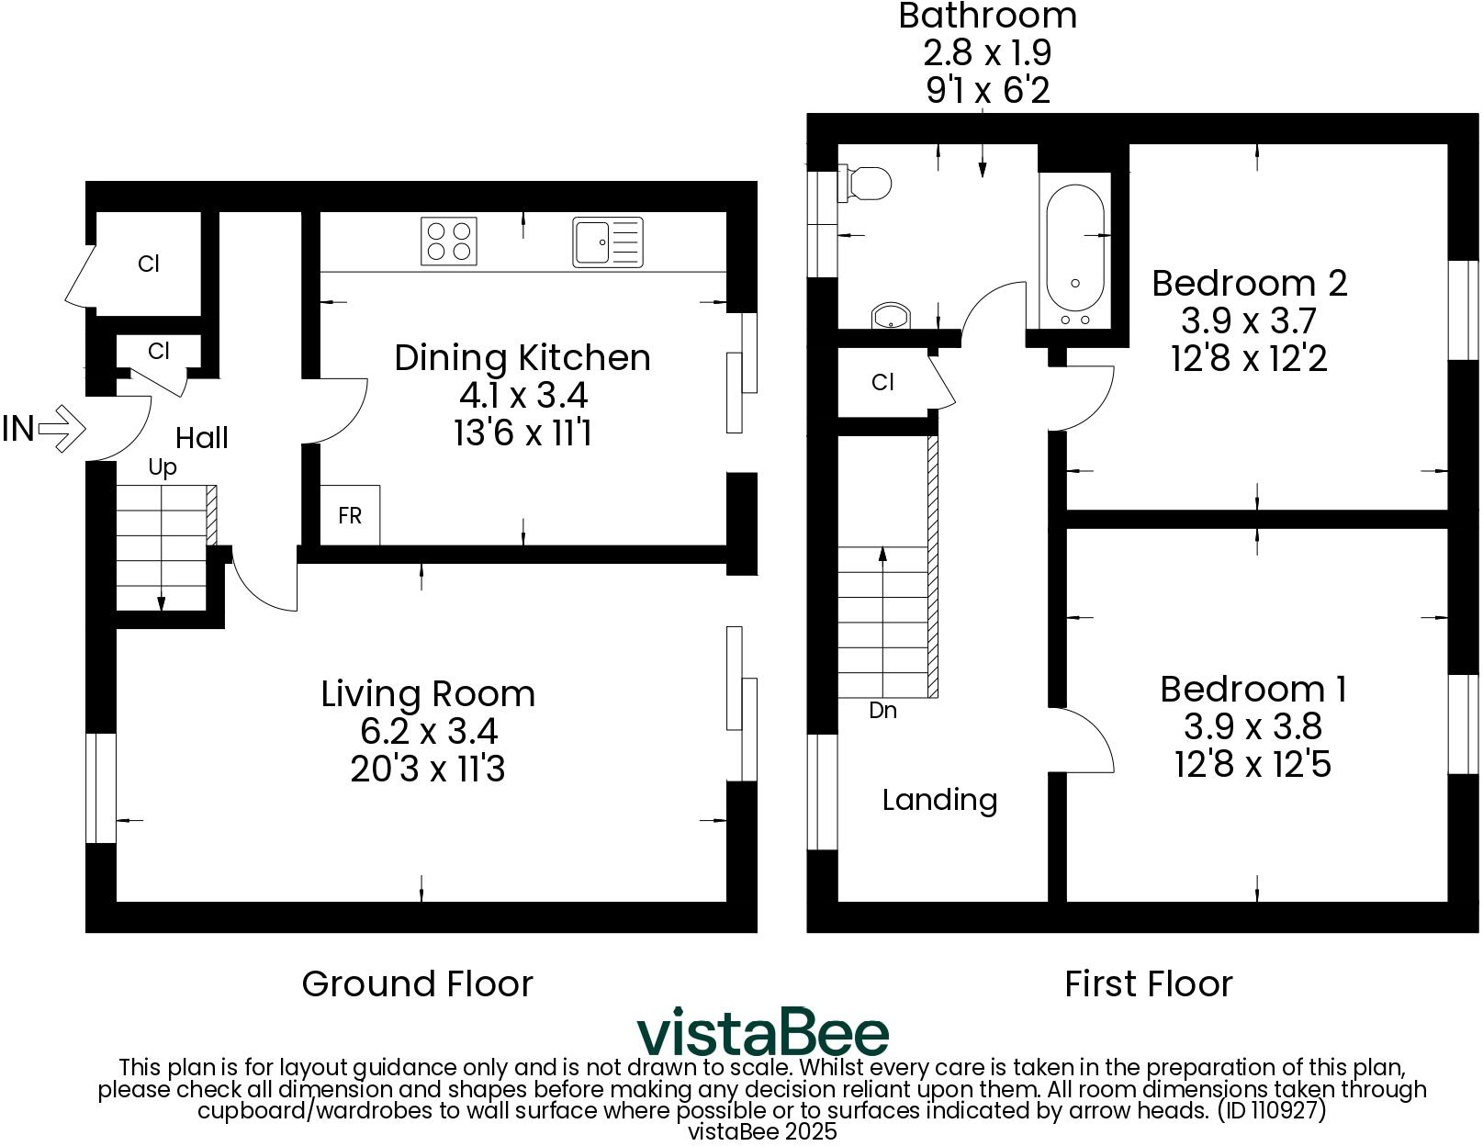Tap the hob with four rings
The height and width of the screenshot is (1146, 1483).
pyautogui.click(x=449, y=241)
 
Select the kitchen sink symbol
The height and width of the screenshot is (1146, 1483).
pyautogui.click(x=607, y=242)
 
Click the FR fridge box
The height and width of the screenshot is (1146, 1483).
pyautogui.click(x=350, y=516)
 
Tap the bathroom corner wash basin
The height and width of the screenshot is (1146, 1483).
pyautogui.click(x=889, y=317)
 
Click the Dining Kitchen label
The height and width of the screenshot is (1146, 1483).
pyautogui.click(x=522, y=357)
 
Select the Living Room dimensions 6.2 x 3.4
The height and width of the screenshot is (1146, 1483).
pyautogui.click(x=429, y=732)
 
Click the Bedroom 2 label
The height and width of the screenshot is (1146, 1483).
pyautogui.click(x=1249, y=283)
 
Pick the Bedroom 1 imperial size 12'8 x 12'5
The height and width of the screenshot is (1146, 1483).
pyautogui.click(x=1253, y=764)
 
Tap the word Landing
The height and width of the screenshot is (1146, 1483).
pyautogui.click(x=939, y=800)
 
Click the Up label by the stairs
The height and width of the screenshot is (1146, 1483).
pyautogui.click(x=163, y=467)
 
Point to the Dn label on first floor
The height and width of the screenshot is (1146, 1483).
pyautogui.click(x=882, y=711)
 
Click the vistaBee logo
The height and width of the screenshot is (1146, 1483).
pyautogui.click(x=763, y=1033)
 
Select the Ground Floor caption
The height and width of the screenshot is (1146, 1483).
pyautogui.click(x=417, y=983)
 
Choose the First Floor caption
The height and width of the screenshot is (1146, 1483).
pyautogui.click(x=1148, y=983)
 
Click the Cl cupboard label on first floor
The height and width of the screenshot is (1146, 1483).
pyautogui.click(x=882, y=382)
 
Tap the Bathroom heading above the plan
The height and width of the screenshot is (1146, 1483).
pyautogui.click(x=987, y=16)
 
